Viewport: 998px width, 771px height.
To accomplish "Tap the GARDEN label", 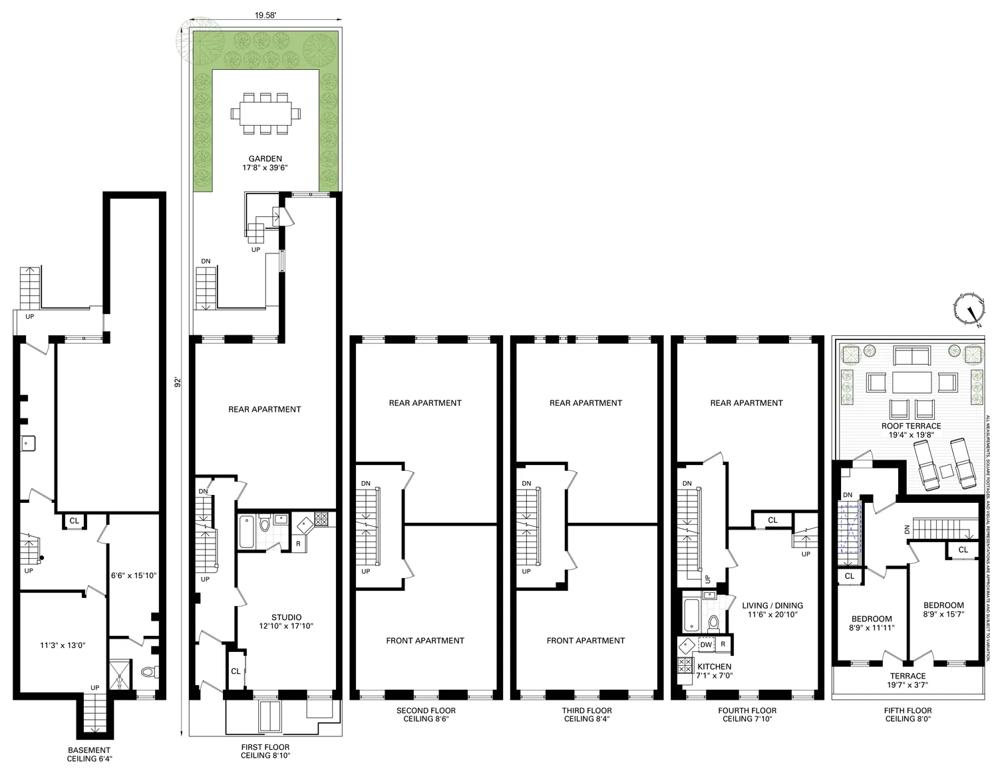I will pyautogui.click(x=265, y=159).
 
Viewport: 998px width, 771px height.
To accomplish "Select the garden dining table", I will pyautogui.click(x=265, y=112).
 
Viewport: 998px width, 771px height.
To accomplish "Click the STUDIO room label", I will pyautogui.click(x=286, y=617).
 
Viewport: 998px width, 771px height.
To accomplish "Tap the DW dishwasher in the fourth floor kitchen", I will pyautogui.click(x=706, y=644).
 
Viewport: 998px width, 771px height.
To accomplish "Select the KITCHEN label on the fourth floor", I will pyautogui.click(x=714, y=667).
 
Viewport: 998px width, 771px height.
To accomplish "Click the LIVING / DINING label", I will pyautogui.click(x=772, y=605).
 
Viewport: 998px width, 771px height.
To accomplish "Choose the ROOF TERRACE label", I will pyautogui.click(x=911, y=426).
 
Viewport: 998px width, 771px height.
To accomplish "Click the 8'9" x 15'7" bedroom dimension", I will pyautogui.click(x=943, y=614).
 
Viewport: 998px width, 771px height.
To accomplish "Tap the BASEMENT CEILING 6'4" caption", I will pyautogui.click(x=89, y=754).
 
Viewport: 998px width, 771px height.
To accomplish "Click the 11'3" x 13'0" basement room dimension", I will pyautogui.click(x=63, y=645).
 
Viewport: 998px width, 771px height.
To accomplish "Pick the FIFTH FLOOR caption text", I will pyautogui.click(x=908, y=710).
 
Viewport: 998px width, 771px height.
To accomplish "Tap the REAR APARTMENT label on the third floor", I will pyautogui.click(x=585, y=402).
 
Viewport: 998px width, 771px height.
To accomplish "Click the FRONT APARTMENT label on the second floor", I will pyautogui.click(x=425, y=641).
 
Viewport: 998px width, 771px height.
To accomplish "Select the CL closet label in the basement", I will pyautogui.click(x=75, y=521).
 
